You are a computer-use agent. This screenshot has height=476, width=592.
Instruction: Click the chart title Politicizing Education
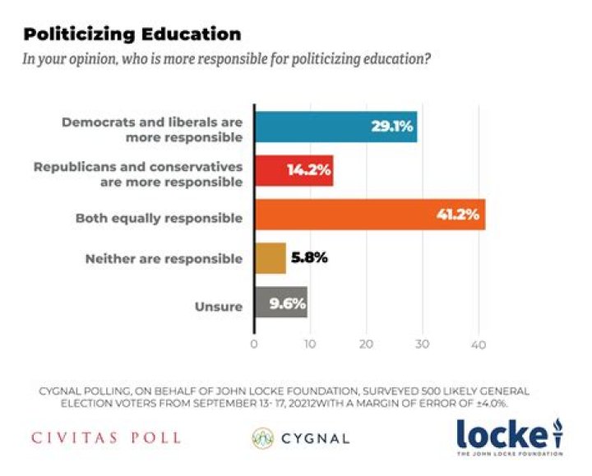click(132, 35)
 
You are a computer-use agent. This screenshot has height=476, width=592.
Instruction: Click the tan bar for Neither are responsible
click(270, 258)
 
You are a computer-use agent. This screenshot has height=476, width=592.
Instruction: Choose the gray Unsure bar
click(280, 303)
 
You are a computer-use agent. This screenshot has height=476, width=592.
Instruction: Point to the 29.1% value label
click(391, 127)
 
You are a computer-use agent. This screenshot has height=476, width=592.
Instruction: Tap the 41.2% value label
click(460, 215)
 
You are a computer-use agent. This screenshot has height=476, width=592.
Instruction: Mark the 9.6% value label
click(285, 303)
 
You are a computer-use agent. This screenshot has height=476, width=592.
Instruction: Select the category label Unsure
click(220, 307)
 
